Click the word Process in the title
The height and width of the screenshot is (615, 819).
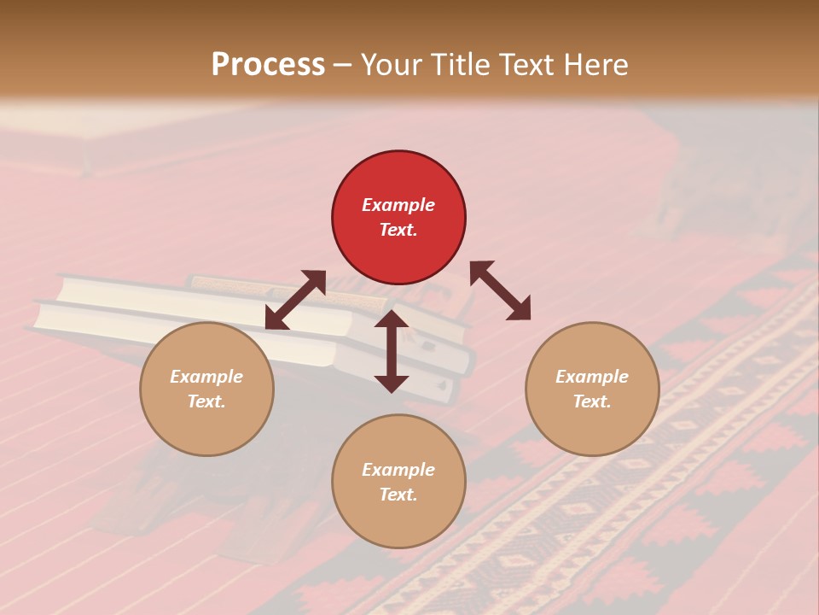point(268,65)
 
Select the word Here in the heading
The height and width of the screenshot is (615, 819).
point(593,65)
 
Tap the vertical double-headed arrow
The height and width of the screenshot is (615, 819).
point(392,351)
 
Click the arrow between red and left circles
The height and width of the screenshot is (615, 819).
point(295,300)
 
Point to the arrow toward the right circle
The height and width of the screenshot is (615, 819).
point(500,290)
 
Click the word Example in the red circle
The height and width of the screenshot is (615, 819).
point(398,205)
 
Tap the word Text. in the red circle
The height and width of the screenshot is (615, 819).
point(398,230)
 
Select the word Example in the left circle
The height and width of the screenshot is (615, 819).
point(206,377)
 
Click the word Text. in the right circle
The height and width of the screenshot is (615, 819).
point(592,401)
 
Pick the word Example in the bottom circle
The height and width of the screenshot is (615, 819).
point(398,470)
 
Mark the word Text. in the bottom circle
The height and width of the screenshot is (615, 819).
point(398,495)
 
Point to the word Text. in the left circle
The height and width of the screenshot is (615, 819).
point(206,401)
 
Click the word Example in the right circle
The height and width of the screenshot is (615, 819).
point(592,377)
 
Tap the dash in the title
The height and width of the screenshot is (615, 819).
point(343,66)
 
